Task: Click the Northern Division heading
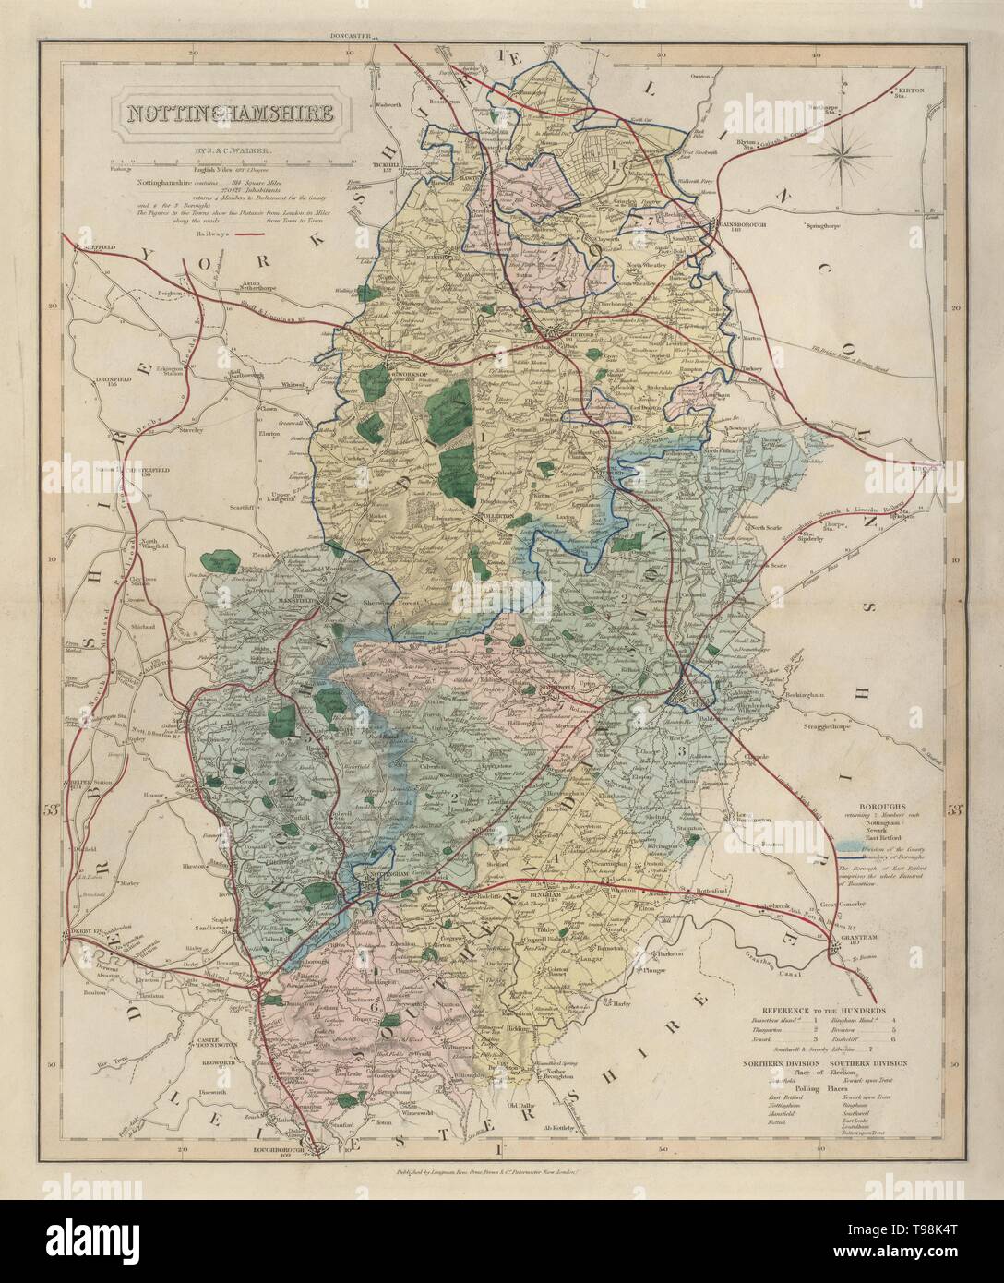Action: (x=783, y=1062)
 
